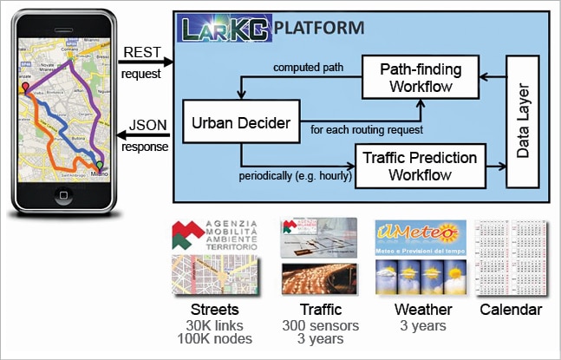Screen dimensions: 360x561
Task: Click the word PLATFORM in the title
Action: (x=319, y=28)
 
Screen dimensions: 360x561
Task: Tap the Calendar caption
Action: (x=512, y=309)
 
